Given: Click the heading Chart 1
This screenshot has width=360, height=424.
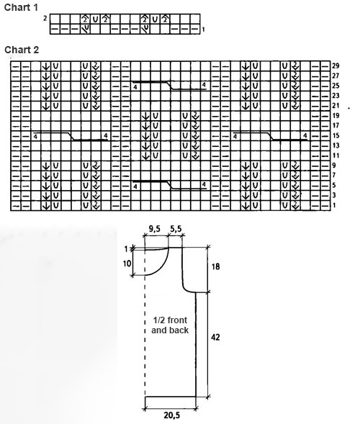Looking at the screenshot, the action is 21,7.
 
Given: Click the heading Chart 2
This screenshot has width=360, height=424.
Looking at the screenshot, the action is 22,50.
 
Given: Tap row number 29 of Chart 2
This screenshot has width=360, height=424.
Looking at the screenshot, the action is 336,66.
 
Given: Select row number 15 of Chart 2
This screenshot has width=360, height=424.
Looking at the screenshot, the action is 336,136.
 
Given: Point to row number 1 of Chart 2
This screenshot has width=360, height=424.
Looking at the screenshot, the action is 334,205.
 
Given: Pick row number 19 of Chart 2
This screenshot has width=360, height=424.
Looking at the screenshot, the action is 336,116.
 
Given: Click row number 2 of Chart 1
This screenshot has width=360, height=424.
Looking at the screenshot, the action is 45,19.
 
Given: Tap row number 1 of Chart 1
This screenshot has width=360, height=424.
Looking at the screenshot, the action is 203,29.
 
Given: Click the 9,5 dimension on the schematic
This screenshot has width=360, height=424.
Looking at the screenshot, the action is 155,230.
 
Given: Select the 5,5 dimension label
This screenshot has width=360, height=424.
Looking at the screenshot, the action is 176,230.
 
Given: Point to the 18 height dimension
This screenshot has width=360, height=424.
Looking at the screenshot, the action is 215,267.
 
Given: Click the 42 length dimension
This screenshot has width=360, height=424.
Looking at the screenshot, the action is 215,337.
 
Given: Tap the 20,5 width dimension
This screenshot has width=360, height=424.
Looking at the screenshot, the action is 171,415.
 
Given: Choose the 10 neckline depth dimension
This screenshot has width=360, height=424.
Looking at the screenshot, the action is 127,263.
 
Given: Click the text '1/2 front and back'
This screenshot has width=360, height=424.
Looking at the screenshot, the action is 170,325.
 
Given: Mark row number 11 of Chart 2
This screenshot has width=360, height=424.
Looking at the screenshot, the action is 336,155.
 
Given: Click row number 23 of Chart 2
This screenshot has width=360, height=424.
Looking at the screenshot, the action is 336,96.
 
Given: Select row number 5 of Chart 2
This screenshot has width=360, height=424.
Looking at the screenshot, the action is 334,185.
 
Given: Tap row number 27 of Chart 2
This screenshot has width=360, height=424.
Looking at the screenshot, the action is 336,76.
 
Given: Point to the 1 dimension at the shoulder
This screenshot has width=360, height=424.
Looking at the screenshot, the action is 126,249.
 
